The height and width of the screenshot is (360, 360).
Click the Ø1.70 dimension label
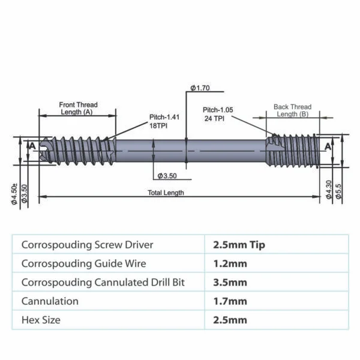coord(200,88)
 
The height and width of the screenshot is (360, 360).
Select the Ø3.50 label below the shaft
coord(167,176)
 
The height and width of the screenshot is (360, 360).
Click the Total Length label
coord(166,193)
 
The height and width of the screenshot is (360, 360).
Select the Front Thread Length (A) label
coord(78,108)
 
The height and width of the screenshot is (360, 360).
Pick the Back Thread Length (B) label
coord(292,110)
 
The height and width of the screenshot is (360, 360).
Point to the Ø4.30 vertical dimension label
coord(328,189)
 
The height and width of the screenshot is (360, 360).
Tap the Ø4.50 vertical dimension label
coord(14,193)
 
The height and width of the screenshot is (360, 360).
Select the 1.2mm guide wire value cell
coord(230,263)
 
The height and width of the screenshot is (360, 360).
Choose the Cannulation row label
coord(50,301)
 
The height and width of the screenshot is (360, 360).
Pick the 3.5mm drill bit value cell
coord(230,282)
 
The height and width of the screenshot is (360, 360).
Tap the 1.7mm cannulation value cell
coord(230,301)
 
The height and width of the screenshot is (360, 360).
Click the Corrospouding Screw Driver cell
coord(87,245)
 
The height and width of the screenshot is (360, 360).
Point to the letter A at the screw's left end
coord(32,146)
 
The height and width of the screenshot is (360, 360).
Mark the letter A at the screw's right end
coord(328,146)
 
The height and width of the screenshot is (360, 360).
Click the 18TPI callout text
coord(157,126)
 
